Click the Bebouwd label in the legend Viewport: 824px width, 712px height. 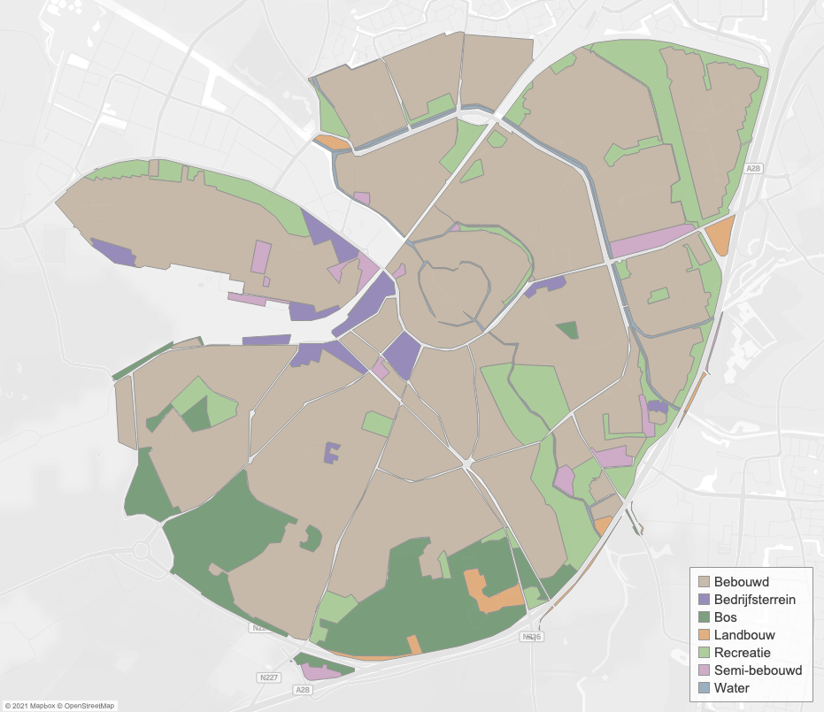point(741,581)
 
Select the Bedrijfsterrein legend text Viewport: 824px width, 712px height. point(754,599)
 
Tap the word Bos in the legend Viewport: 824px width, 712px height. point(726,616)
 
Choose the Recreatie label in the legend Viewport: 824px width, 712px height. point(743,652)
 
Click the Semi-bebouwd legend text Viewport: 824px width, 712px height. point(758,670)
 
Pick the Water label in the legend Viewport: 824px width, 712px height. point(731,687)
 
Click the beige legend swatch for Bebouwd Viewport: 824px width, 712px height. point(705,581)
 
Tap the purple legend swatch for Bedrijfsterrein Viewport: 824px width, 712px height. point(705,599)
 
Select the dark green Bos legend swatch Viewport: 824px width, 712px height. point(705,616)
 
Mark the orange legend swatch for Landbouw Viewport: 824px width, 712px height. point(705,634)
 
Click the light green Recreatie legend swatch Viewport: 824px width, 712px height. point(705,652)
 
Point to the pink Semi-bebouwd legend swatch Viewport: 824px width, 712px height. point(705,670)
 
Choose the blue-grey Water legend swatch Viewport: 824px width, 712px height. point(705,687)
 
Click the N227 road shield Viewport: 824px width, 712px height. point(269,678)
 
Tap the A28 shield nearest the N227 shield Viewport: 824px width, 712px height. point(303,689)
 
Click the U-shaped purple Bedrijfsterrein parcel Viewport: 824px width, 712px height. point(332,453)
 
